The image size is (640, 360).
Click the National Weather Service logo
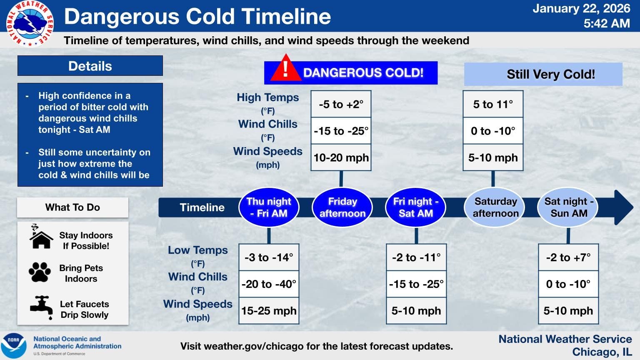pos(30,24)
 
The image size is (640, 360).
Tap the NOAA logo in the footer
pos(14,345)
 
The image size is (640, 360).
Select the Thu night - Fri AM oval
pos(269,207)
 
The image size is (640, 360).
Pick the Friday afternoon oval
pos(342,207)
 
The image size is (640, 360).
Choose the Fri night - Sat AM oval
pos(416,207)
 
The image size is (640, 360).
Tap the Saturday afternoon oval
pos(495,207)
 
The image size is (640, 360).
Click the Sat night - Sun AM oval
pos(569,207)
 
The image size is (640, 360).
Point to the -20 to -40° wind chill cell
pos(269,284)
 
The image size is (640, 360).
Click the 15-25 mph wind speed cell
pos(269,310)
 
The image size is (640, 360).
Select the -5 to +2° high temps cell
pos(341,104)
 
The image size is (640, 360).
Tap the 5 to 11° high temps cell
pos(493,104)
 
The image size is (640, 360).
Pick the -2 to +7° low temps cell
pos(568,257)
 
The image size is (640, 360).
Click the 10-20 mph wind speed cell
pos(341,157)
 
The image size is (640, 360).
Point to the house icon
pos(41,237)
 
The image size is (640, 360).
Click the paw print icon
pos(40,272)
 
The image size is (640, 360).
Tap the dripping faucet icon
pos(41,307)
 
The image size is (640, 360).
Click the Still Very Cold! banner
pos(543,74)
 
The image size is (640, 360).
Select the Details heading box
pos(90,66)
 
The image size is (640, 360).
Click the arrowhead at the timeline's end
pos(623,207)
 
